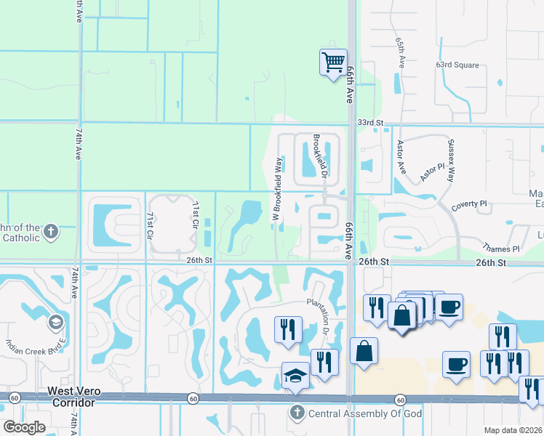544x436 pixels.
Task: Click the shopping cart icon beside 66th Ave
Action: [333, 62]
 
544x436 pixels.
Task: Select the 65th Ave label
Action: [400, 53]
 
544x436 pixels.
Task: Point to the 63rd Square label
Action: [457, 65]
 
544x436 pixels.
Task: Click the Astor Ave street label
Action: [400, 156]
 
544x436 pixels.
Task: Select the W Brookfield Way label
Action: [277, 189]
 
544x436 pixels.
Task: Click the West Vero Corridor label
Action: [71, 397]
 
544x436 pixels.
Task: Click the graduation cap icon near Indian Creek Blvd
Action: [56, 321]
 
